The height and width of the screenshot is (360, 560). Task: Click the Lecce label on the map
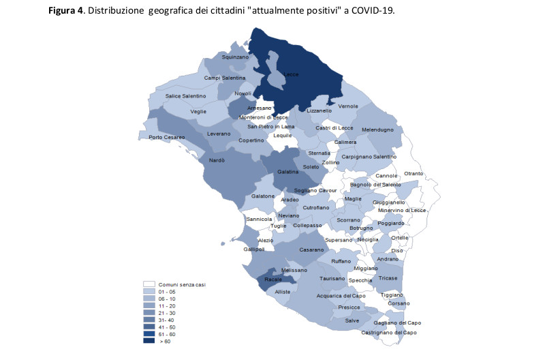coord(291,74)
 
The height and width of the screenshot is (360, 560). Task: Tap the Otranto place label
coord(414,174)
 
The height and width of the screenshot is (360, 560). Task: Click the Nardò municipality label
coord(217,160)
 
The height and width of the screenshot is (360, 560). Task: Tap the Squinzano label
coord(236,58)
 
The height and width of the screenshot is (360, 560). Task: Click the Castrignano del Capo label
coord(389,332)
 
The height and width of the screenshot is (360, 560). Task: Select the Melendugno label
coord(377,130)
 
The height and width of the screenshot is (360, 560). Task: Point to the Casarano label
coord(311,250)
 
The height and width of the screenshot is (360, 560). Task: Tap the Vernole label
coord(348,106)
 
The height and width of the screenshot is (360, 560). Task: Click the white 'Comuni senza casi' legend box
coord(149,284)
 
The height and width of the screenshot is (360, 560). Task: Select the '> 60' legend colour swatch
coord(149,341)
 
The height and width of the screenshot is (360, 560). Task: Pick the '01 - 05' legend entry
coord(167,292)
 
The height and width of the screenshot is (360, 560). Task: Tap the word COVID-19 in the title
coord(374,12)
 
